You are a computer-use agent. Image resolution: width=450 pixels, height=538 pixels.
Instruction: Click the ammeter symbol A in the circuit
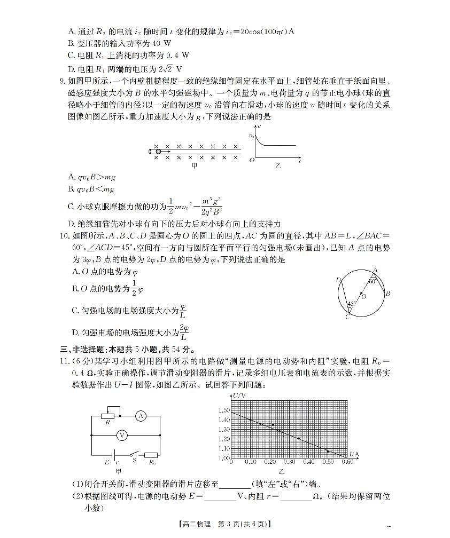[x=141, y=416]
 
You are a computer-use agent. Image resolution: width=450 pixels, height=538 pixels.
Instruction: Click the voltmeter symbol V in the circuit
[x=122, y=436]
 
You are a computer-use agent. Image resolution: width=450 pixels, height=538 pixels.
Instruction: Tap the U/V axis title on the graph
[x=239, y=395]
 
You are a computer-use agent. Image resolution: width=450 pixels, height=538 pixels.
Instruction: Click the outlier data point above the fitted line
[x=273, y=425]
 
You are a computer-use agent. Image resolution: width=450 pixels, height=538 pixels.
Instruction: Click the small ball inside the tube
[x=158, y=152]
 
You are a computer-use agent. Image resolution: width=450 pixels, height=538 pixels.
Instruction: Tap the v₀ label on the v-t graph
[x=251, y=136]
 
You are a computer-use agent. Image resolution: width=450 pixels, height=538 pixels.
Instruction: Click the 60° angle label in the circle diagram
[x=373, y=280]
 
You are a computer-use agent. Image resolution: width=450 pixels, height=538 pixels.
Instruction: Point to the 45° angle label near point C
[x=351, y=304]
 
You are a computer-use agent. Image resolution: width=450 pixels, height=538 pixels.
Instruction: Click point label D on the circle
[x=338, y=280]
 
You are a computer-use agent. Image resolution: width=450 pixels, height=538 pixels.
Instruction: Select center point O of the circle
[x=362, y=294]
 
